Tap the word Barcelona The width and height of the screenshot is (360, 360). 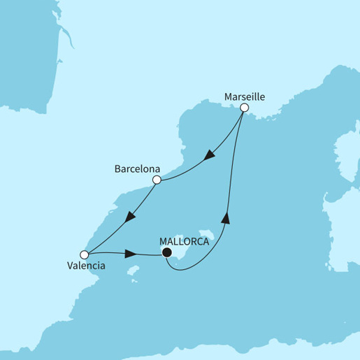[x=138, y=169]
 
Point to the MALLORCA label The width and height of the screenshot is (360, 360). [x=185, y=241]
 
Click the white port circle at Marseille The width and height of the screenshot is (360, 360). [x=244, y=108]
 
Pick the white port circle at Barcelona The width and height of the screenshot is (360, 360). [x=157, y=180]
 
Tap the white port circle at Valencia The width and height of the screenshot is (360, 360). [x=84, y=254]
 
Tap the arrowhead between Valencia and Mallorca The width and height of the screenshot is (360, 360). [x=131, y=253]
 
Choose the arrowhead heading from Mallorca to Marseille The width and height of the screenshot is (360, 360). [x=226, y=218]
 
